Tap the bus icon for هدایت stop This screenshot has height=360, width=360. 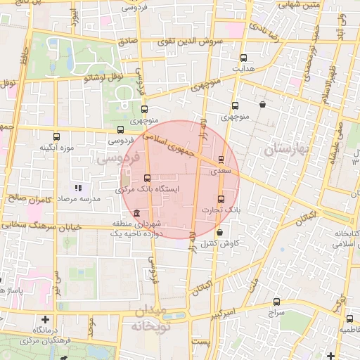(x=244, y=58)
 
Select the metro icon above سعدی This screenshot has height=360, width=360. (x=222, y=160)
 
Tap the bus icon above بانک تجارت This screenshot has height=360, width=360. (x=221, y=199)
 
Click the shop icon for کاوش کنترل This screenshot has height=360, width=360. (x=220, y=232)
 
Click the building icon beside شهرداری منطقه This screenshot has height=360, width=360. (x=135, y=214)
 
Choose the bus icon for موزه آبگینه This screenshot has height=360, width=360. (x=57, y=136)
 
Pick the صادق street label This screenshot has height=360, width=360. (x=129, y=42)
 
